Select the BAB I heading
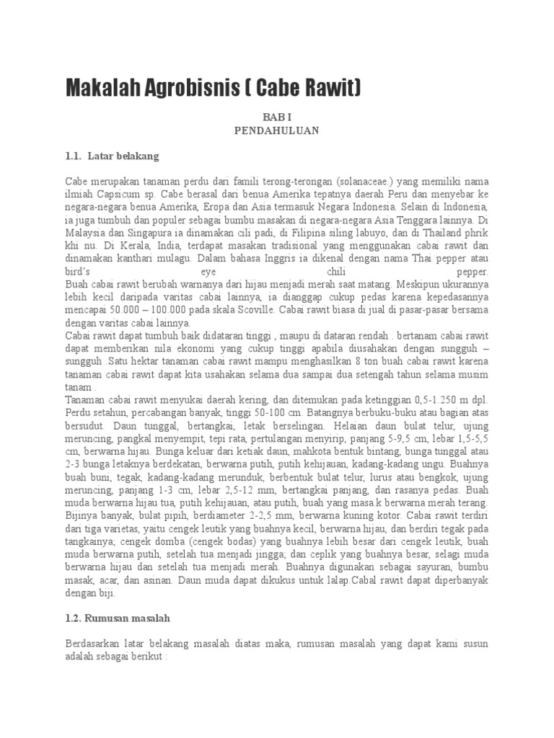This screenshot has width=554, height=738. point(276,117)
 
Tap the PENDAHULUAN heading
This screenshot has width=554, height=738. point(276,130)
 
